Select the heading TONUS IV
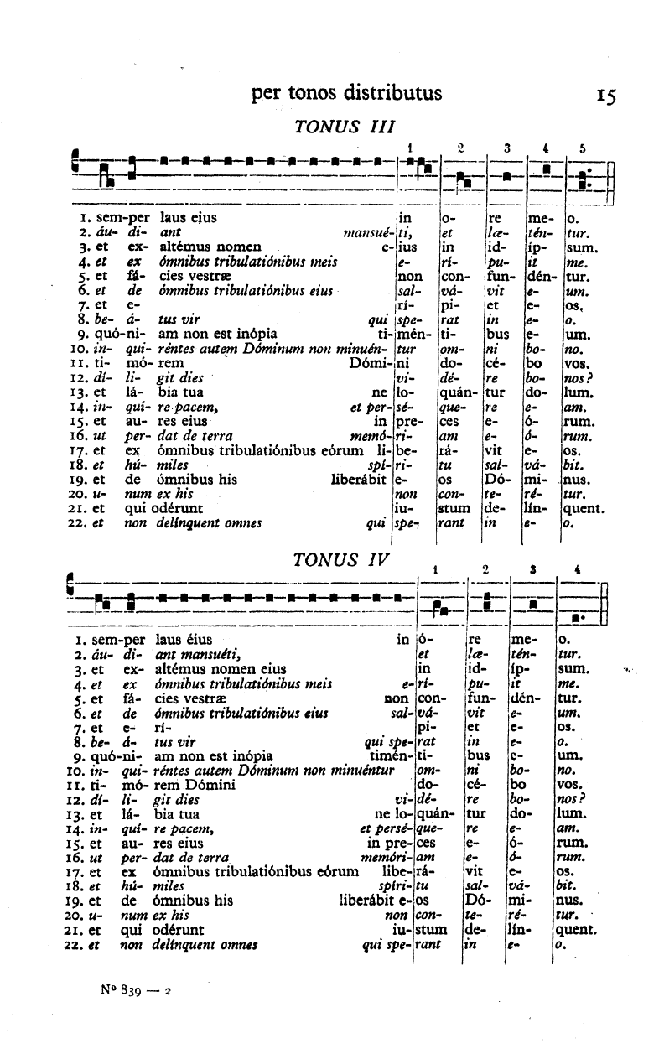tap(338, 558)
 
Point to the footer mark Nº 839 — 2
tap(135, 989)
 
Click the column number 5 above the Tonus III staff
tap(582, 148)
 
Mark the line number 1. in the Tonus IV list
tap(77, 641)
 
